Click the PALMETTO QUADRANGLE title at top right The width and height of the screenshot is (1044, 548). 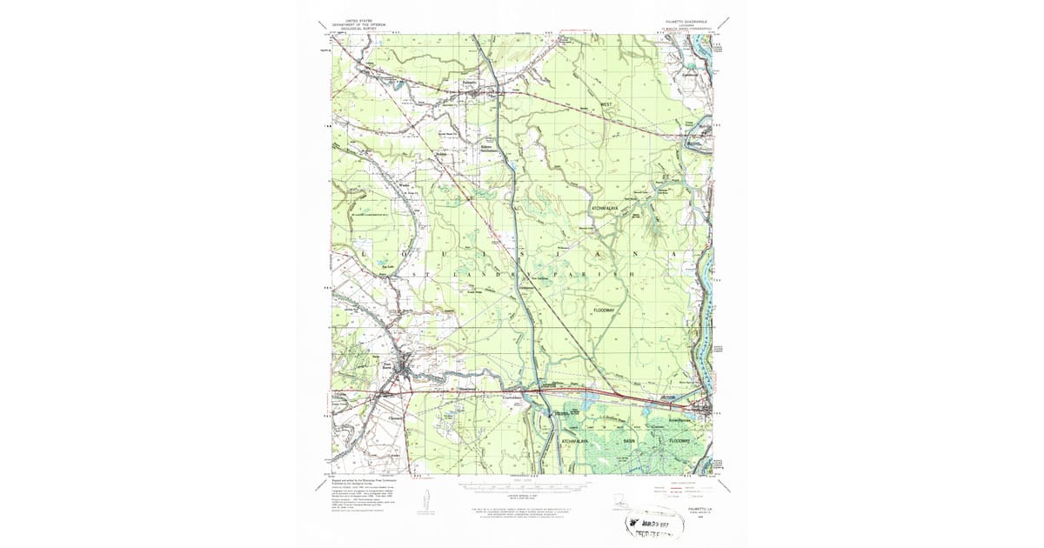674,20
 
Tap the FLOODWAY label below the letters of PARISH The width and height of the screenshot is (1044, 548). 604,311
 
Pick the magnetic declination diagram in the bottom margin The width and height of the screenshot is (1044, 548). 426,505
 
